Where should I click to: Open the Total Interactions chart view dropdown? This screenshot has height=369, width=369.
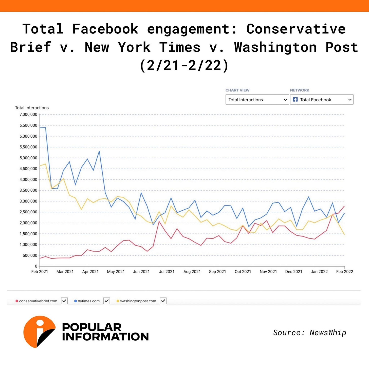coord(257,100)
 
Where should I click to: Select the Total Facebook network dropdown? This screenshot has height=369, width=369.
coord(322,100)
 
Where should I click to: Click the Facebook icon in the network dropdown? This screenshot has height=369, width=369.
coord(295,99)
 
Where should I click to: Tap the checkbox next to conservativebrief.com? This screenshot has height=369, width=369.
coord(64,301)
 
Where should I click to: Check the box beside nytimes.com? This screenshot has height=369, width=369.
coord(107,301)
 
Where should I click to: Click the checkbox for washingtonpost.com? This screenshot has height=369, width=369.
coord(163,301)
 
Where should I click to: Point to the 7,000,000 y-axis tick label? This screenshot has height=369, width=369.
coord(28,115)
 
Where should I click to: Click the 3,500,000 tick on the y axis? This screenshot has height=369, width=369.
coord(28,190)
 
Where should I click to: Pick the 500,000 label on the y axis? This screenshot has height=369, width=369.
coord(30,255)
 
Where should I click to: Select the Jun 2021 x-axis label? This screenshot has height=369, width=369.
coord(141,272)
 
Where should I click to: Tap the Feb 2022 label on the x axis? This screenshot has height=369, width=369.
coord(344,272)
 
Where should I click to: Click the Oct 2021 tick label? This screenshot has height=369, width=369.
coord(243,272)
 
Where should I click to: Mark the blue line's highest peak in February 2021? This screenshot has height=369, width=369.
coord(45,127)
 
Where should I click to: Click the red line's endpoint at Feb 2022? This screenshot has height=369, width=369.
coord(344,206)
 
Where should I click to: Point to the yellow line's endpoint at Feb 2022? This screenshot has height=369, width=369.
coord(344,234)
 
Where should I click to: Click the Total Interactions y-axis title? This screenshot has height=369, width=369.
coord(32,108)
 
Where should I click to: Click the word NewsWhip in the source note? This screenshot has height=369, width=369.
coord(328,333)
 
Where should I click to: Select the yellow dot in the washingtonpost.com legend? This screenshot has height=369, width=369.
coord(118,301)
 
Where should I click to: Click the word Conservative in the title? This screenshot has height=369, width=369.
coord(296,29)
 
